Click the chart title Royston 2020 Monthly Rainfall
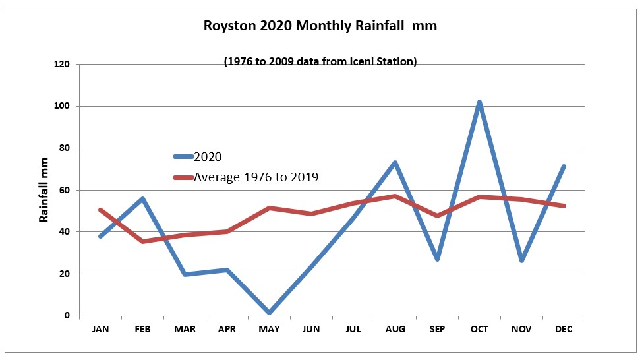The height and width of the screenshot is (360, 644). click(320, 26)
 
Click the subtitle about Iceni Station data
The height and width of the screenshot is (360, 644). click(320, 62)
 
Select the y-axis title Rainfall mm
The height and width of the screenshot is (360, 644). click(44, 190)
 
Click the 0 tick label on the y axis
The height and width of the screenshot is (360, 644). click(67, 316)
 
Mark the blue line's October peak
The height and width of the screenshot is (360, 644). click(480, 102)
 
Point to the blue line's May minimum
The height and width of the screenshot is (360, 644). click(269, 313)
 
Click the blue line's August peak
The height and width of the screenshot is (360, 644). click(395, 162)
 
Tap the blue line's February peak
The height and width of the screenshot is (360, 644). click(142, 198)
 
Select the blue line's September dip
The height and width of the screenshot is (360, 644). click(437, 259)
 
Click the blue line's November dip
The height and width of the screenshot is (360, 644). click(522, 260)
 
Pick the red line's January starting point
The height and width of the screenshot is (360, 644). click(100, 210)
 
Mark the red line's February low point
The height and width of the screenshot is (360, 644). click(142, 241)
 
